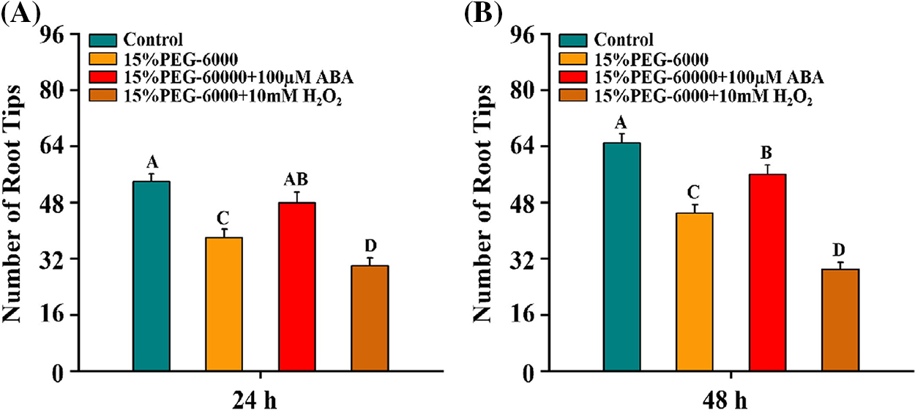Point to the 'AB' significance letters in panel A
point(296,179)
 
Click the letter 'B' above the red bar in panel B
point(767,152)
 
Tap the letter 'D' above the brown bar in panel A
point(370,245)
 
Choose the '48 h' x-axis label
point(731,401)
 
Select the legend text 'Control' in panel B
point(624,40)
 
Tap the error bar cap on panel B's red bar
point(767,165)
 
